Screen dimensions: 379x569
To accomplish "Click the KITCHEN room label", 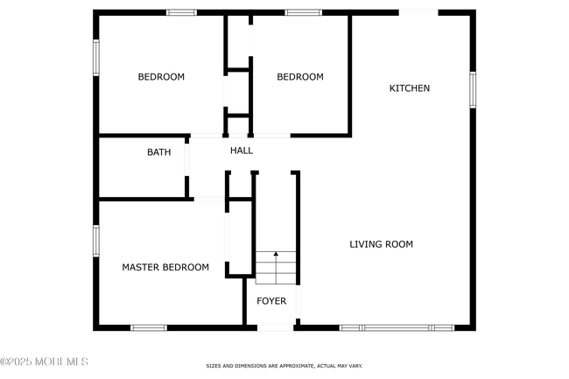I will [410, 88].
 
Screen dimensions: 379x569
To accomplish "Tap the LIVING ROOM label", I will [381, 244].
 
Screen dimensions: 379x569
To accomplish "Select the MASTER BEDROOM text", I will [165, 267].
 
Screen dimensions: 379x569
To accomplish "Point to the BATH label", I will [158, 152].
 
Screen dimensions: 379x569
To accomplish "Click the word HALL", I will [242, 151].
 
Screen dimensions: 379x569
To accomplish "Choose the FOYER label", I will [271, 301].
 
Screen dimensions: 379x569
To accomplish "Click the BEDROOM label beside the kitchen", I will [300, 77].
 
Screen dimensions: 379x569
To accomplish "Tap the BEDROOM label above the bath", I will [161, 77].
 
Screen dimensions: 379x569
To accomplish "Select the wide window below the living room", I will [397, 328].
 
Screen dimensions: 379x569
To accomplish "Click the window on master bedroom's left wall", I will [96, 240].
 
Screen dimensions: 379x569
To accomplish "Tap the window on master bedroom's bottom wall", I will [148, 328].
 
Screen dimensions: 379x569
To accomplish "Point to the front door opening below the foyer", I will [275, 328].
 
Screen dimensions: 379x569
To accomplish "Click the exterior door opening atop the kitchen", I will [418, 12].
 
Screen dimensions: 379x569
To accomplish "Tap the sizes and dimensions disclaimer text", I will [284, 366].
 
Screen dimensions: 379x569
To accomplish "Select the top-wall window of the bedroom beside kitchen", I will [303, 12].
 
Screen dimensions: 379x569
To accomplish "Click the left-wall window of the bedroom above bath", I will [96, 58].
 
